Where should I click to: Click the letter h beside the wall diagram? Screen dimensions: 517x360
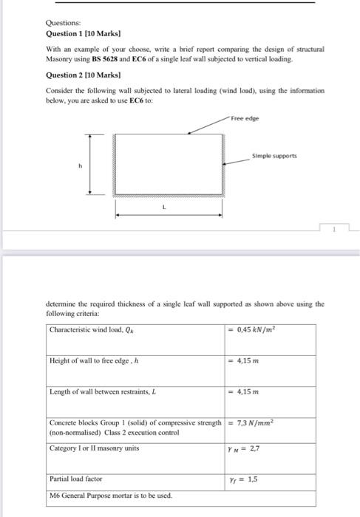pos(72,165)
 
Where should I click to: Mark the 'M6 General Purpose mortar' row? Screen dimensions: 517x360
pos(109,494)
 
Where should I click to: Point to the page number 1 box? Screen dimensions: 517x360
pos(333,228)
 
